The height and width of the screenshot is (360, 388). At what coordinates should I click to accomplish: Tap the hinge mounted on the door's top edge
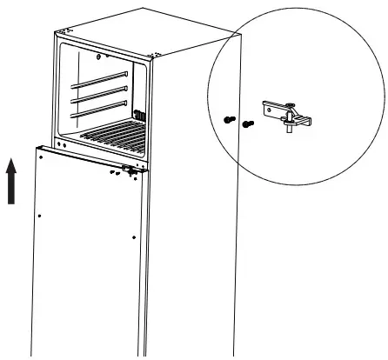[131, 170]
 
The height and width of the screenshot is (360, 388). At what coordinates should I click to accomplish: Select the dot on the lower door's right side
[133, 236]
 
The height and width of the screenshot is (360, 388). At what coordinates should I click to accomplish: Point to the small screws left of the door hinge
[115, 172]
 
